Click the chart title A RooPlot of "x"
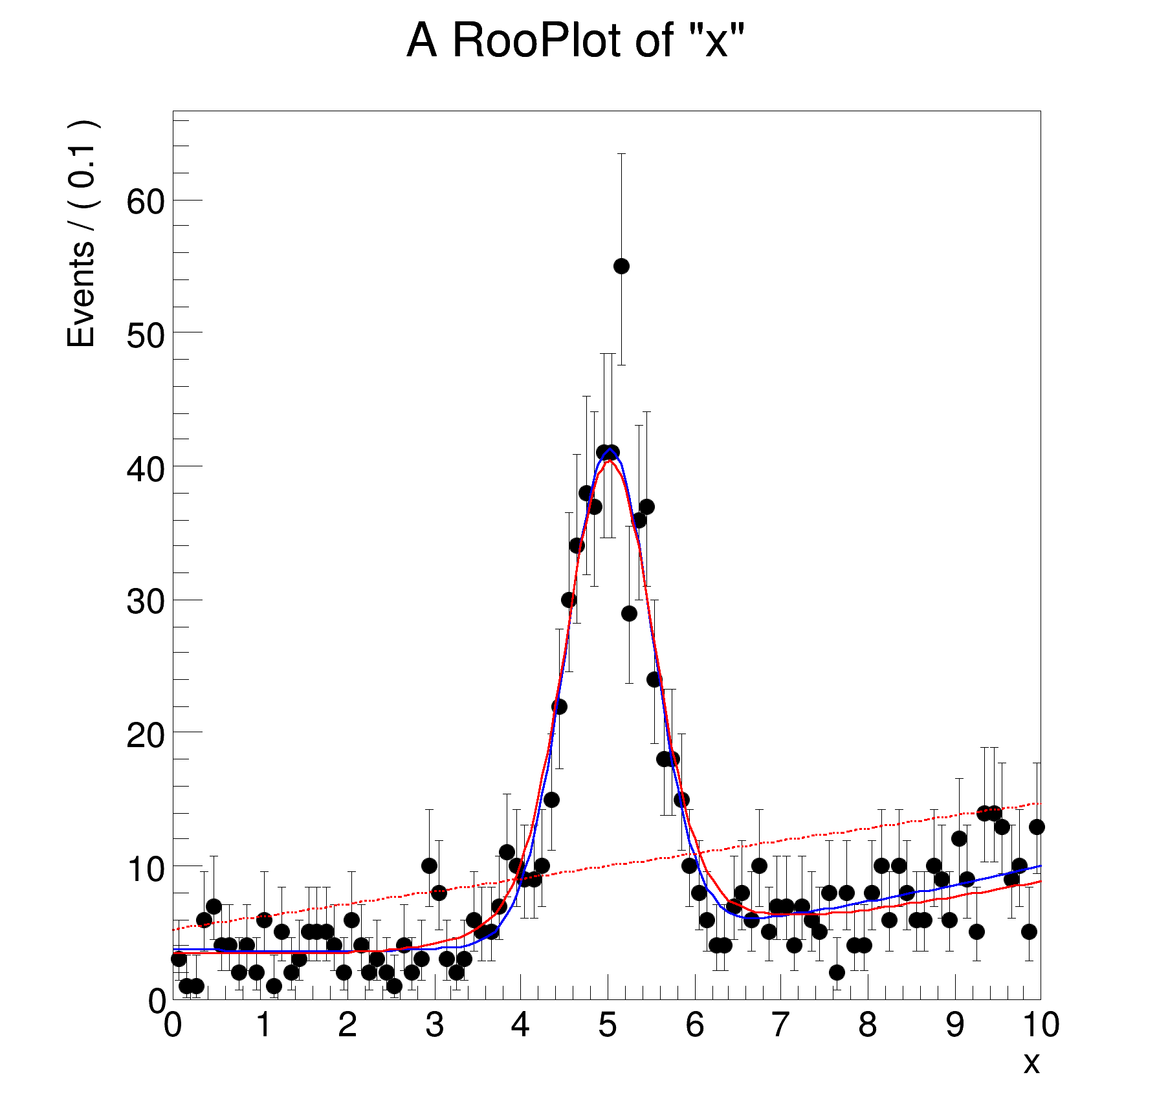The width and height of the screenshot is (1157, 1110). (x=575, y=41)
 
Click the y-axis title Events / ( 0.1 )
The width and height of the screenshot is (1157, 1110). (x=82, y=234)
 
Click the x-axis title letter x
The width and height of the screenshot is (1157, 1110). (x=1031, y=1062)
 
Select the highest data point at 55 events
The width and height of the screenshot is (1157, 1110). (x=621, y=266)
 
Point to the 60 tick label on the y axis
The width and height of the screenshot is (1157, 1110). (x=146, y=202)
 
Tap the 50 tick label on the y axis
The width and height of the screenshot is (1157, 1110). (x=146, y=335)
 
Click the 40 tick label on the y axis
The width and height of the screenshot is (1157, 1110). (x=146, y=468)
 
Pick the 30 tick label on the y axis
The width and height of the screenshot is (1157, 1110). (x=146, y=602)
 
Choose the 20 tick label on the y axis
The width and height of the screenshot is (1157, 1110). (x=146, y=735)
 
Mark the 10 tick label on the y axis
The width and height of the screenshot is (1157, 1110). (x=146, y=869)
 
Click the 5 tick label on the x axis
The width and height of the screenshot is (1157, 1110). (x=607, y=1025)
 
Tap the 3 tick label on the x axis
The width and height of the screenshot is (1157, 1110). (x=434, y=1025)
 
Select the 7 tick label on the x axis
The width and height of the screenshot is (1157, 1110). (x=780, y=1025)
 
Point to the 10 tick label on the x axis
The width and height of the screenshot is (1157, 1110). (x=1041, y=1025)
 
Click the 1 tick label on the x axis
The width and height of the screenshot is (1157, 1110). (x=263, y=1025)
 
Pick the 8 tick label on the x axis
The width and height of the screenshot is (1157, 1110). (x=867, y=1025)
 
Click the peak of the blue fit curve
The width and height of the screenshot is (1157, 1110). (x=610, y=449)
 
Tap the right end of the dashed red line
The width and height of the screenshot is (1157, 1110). (x=1039, y=803)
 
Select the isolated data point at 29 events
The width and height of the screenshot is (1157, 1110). (x=629, y=613)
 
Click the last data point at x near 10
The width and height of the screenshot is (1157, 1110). (x=1037, y=827)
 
